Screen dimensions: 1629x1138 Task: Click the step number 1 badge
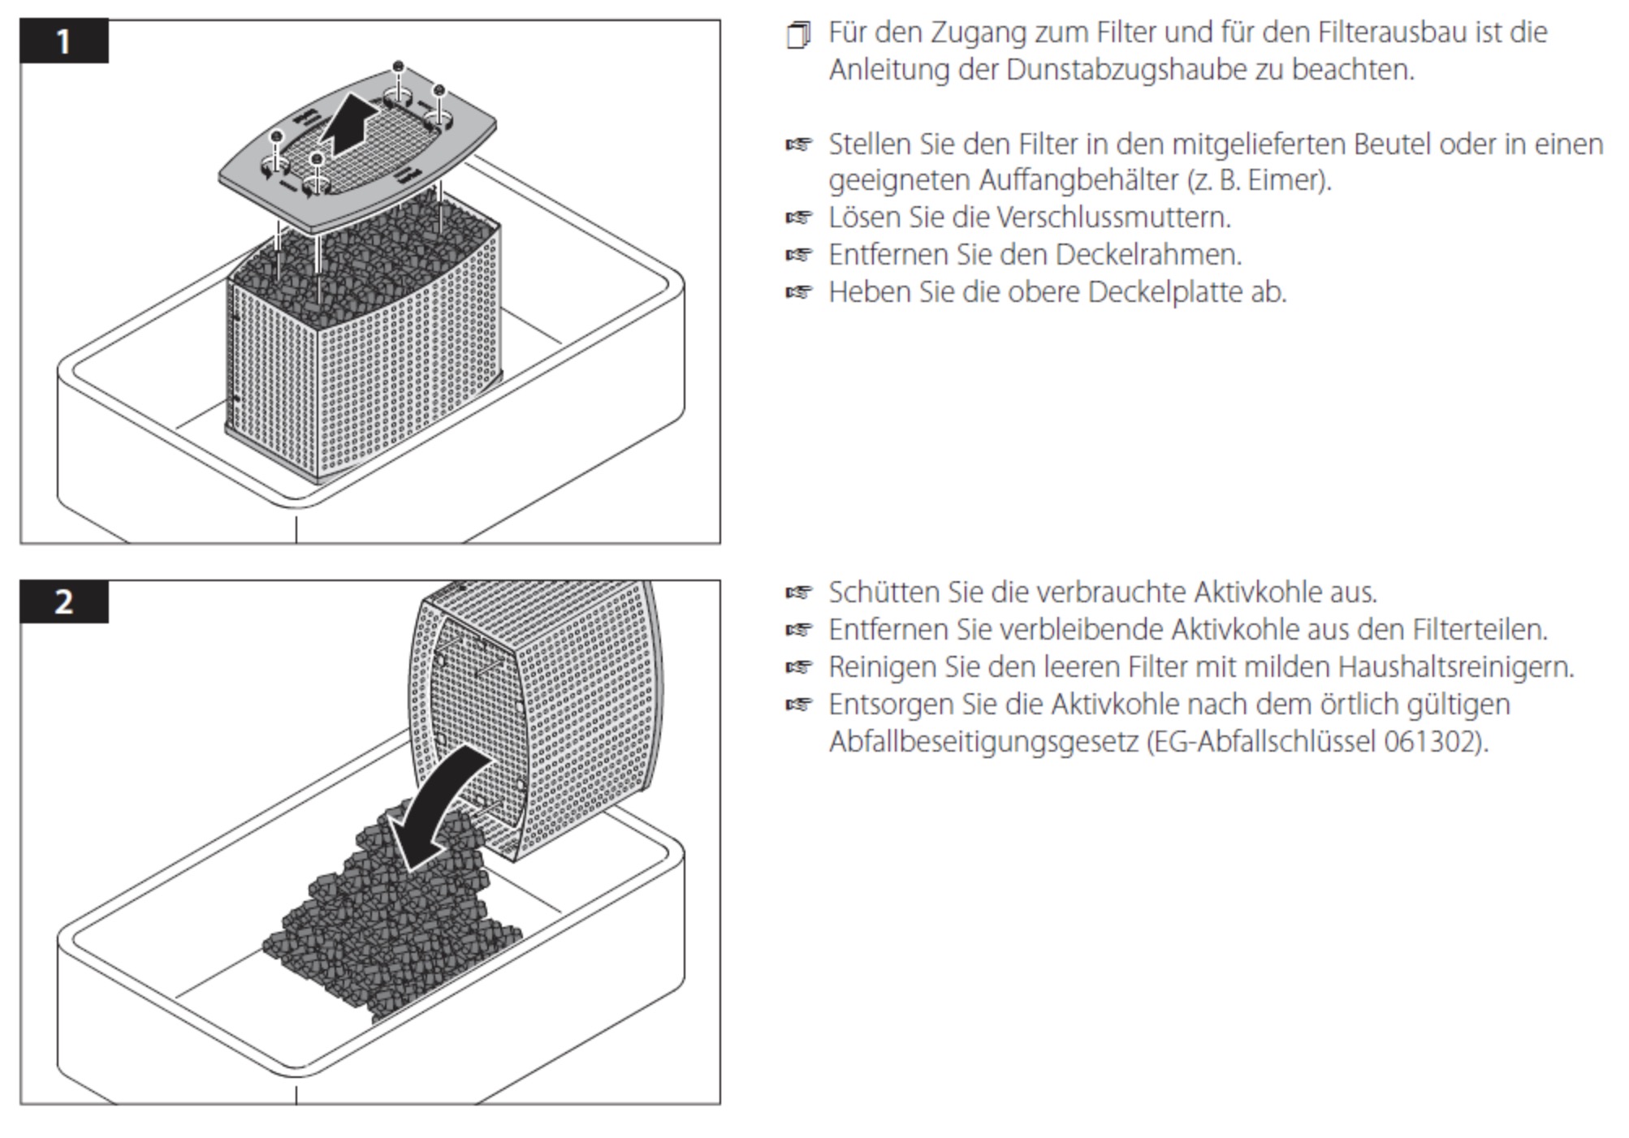point(64,41)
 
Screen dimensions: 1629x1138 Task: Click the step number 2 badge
point(64,601)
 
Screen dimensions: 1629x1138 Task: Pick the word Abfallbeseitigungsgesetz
point(983,742)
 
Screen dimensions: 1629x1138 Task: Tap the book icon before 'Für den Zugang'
point(798,36)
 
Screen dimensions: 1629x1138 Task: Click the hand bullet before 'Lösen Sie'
point(798,218)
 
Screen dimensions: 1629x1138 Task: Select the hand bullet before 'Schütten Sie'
point(798,593)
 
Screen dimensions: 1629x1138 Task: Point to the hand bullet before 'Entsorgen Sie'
point(798,705)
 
